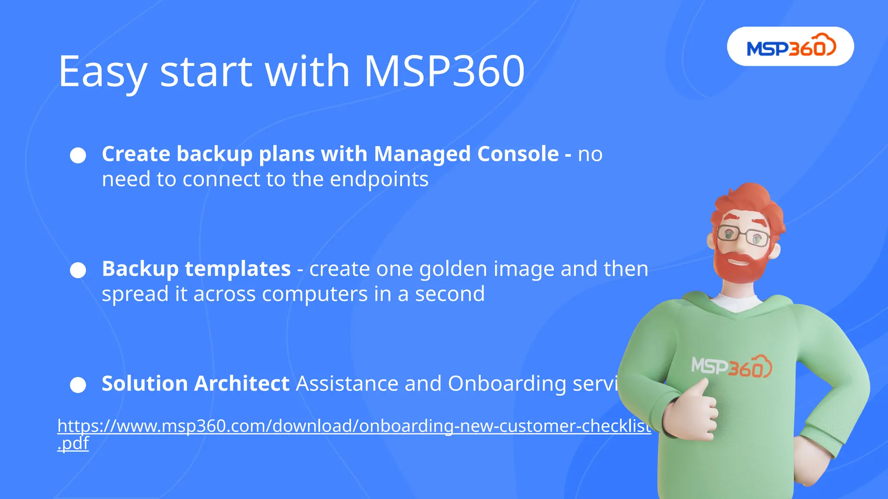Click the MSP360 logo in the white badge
(x=790, y=47)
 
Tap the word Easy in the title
(x=102, y=71)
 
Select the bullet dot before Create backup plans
(x=78, y=156)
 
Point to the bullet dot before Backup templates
(x=78, y=270)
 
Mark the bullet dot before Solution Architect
(x=78, y=385)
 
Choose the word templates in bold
(x=238, y=269)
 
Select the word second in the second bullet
(x=450, y=294)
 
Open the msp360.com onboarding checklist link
(x=354, y=426)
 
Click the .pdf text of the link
(x=73, y=444)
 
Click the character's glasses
(x=743, y=235)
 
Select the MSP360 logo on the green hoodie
(x=731, y=367)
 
